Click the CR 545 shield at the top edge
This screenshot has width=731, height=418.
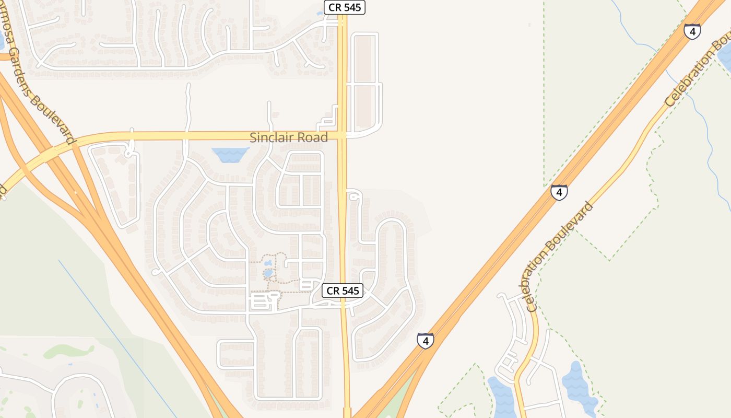(344, 7)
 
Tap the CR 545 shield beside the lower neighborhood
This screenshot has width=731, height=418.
(343, 291)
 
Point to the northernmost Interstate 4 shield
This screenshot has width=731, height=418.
(692, 31)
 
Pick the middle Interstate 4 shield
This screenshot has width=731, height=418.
(559, 192)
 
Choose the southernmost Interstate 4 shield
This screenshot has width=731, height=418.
(425, 341)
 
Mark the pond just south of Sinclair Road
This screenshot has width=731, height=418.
(230, 154)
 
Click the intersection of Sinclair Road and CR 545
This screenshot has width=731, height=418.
(342, 135)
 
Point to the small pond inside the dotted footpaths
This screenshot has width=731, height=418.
(268, 273)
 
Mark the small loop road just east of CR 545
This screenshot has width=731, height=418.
(355, 196)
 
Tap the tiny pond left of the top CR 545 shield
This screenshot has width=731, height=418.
(320, 14)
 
